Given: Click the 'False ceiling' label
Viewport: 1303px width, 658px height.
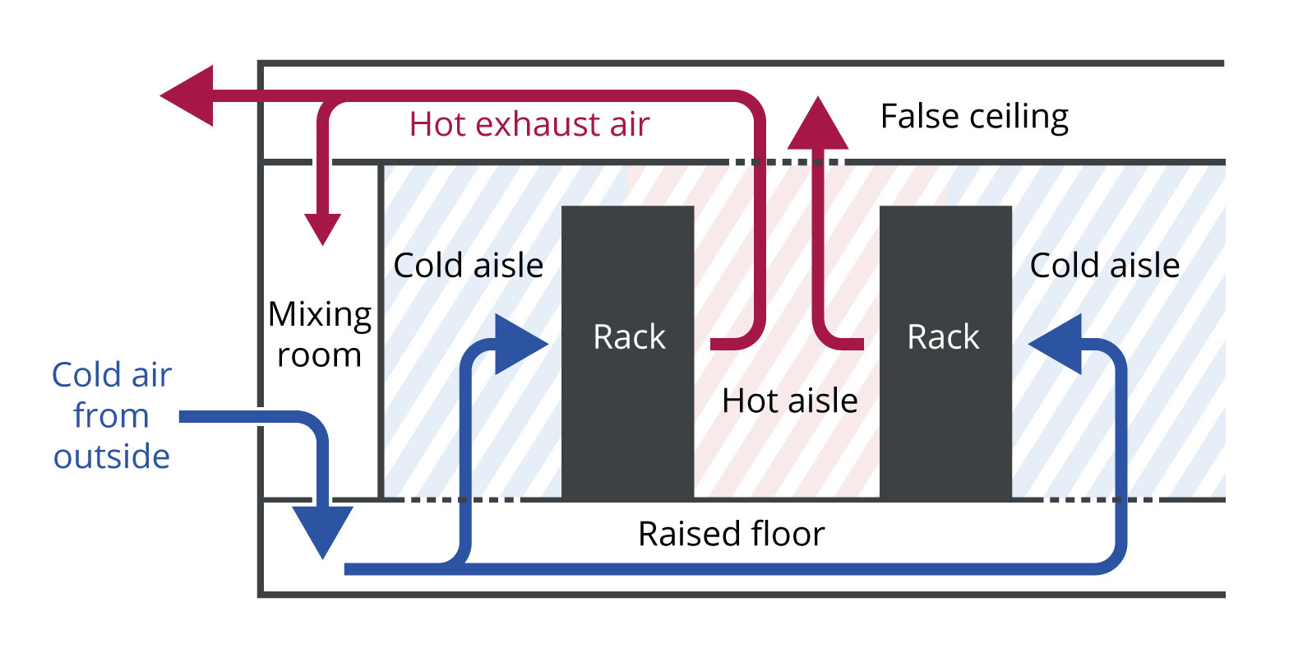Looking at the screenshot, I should (974, 118).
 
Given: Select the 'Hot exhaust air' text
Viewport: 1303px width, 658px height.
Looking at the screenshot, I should (529, 124).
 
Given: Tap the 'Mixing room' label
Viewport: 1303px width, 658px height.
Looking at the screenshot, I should (319, 335).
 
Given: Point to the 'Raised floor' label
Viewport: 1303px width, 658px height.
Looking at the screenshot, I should (731, 534).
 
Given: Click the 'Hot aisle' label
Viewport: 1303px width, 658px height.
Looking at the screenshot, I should (789, 401).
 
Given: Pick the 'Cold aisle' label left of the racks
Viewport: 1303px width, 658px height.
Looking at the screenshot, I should (468, 266).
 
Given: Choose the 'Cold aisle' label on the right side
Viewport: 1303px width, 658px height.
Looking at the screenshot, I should (1104, 266).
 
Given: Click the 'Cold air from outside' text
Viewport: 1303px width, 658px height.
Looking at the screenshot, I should (111, 415).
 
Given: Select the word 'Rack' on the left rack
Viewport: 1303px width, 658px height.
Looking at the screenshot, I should (629, 337).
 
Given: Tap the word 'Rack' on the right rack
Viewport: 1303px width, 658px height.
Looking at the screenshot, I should (943, 337).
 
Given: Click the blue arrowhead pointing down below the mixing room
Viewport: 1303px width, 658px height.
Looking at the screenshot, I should (323, 531).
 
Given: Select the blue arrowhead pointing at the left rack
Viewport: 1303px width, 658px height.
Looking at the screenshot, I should (518, 344).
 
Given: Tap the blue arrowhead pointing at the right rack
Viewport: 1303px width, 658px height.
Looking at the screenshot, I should (1057, 344).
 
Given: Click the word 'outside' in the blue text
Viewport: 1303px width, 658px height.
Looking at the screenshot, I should (111, 456).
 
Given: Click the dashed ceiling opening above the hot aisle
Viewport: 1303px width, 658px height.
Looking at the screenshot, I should (785, 162).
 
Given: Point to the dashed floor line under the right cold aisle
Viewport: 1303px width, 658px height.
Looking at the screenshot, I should (1097, 499).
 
